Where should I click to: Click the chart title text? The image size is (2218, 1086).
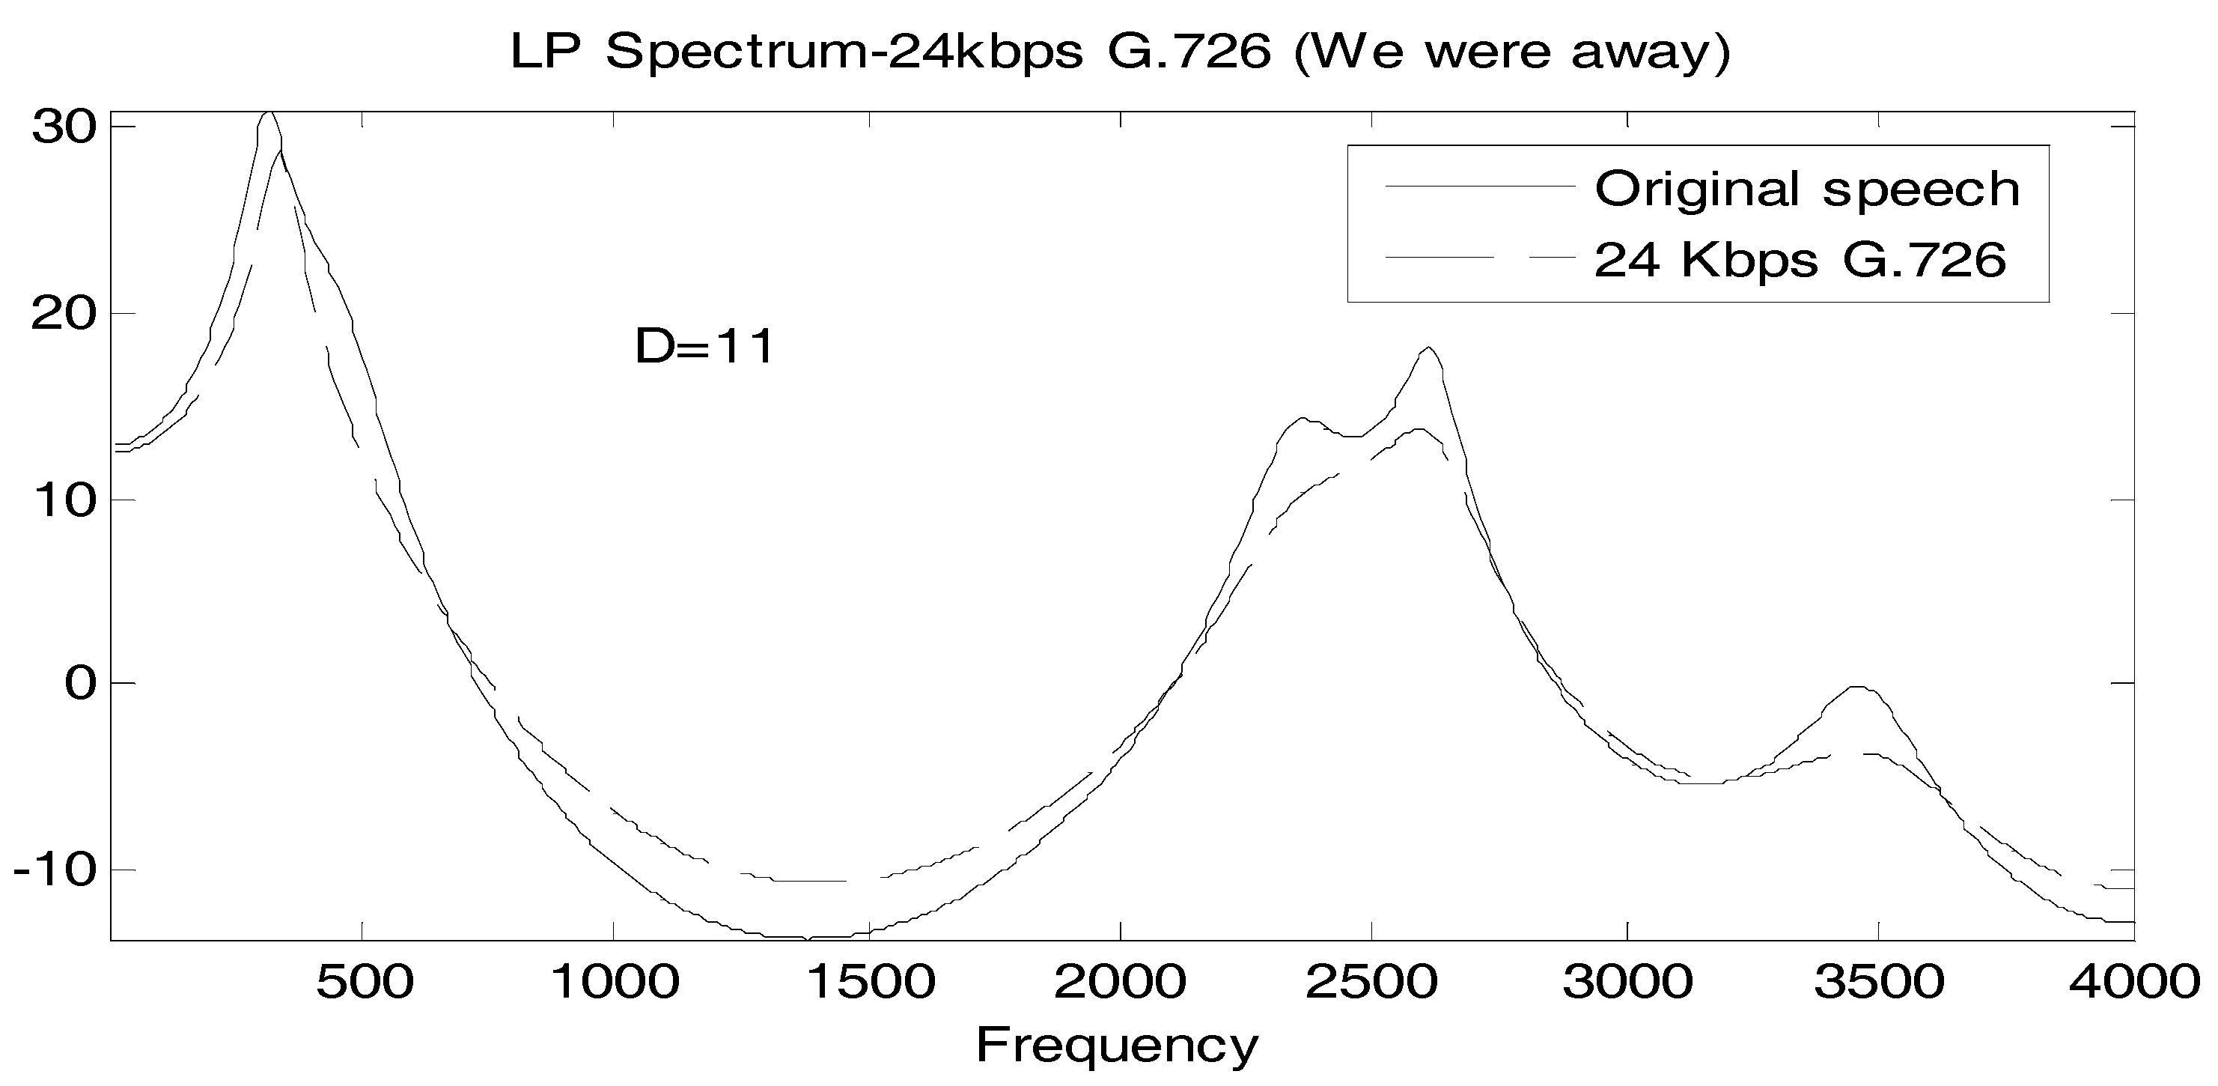(x=1120, y=52)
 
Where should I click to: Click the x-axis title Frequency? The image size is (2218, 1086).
(x=1117, y=1045)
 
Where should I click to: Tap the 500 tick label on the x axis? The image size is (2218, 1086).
(x=365, y=983)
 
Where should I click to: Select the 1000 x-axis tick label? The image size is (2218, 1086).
(x=615, y=983)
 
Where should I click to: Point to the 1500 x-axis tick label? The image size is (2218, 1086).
(x=870, y=983)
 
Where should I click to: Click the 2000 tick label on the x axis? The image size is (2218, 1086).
(x=1120, y=983)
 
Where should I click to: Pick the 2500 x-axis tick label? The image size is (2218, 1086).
(x=1371, y=983)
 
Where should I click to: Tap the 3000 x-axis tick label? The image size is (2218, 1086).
(x=1627, y=983)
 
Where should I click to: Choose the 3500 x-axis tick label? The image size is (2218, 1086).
(x=1879, y=983)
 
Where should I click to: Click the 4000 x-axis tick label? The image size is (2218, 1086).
(x=2133, y=983)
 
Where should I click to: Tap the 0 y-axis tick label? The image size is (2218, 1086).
(x=79, y=684)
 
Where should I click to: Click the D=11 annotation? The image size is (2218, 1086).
(x=705, y=346)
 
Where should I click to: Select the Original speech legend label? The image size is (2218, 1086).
(x=1806, y=188)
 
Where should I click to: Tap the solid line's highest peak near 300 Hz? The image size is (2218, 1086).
(x=269, y=113)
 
